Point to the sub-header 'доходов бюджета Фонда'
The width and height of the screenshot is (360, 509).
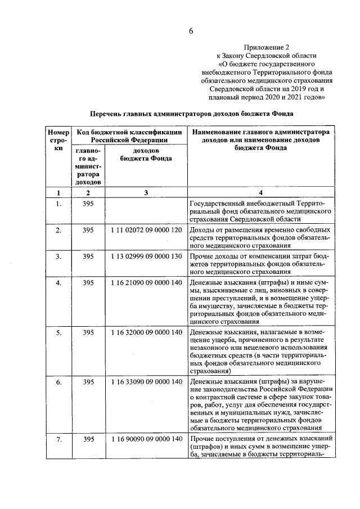(x=145, y=155)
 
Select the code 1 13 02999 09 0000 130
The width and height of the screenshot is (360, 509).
(x=146, y=256)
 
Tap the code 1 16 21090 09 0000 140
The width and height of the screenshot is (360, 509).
(x=146, y=282)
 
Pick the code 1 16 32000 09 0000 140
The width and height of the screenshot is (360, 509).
(x=146, y=332)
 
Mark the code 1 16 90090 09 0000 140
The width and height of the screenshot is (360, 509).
(x=146, y=439)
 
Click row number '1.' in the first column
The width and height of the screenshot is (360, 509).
(x=58, y=204)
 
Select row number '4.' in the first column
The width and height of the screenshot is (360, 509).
(x=58, y=282)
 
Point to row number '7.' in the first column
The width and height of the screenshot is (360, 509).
(x=58, y=439)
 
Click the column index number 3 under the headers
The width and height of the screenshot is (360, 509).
(x=145, y=193)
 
